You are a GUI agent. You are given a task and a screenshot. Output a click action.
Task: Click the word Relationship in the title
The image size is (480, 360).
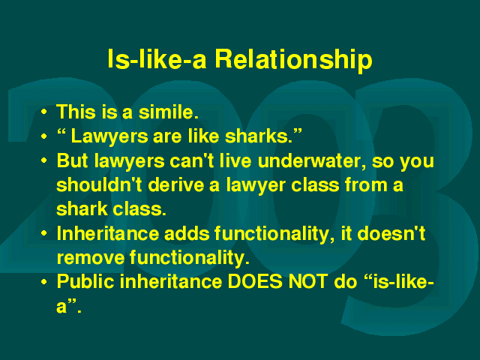(x=293, y=60)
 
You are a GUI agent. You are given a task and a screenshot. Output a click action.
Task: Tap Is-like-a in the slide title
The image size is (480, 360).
(x=157, y=58)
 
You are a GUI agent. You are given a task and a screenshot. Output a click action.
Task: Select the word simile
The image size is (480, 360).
(x=168, y=112)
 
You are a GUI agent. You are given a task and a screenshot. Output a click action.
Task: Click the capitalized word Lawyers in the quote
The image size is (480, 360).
(x=109, y=136)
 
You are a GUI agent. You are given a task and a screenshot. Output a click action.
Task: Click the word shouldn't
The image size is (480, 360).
(x=99, y=184)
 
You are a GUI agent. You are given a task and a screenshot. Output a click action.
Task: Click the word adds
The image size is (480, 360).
(x=187, y=233)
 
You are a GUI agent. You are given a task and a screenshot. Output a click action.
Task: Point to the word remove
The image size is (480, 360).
(x=91, y=258)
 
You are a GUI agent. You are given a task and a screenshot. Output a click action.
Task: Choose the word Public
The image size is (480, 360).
(x=85, y=282)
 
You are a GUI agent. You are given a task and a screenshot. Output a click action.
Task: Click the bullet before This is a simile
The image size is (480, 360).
(x=44, y=112)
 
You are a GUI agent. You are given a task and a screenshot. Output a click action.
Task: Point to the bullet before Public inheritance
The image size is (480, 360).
(x=44, y=282)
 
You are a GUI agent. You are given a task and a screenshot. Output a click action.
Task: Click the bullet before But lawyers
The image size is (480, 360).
(x=44, y=160)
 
